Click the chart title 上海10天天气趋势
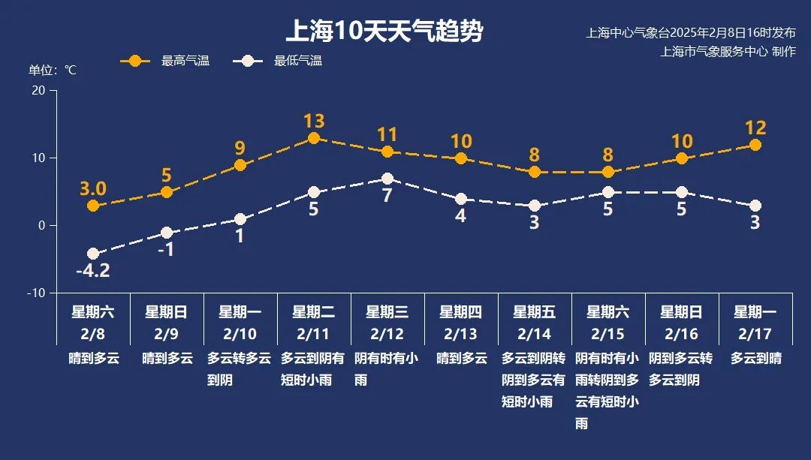[384, 32]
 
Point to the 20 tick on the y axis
[37, 90]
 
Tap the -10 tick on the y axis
[36, 293]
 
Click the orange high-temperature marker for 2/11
[314, 138]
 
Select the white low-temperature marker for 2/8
[93, 254]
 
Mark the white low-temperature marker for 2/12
[387, 179]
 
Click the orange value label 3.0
[93, 188]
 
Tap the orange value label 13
[314, 121]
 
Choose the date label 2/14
[535, 333]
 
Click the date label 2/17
[755, 333]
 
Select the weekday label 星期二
[314, 311]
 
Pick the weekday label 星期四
[461, 311]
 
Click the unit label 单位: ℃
[53, 70]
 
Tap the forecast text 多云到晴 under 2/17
[755, 359]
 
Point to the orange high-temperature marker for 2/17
[755, 145]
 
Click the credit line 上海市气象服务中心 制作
[728, 51]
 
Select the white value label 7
[387, 196]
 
